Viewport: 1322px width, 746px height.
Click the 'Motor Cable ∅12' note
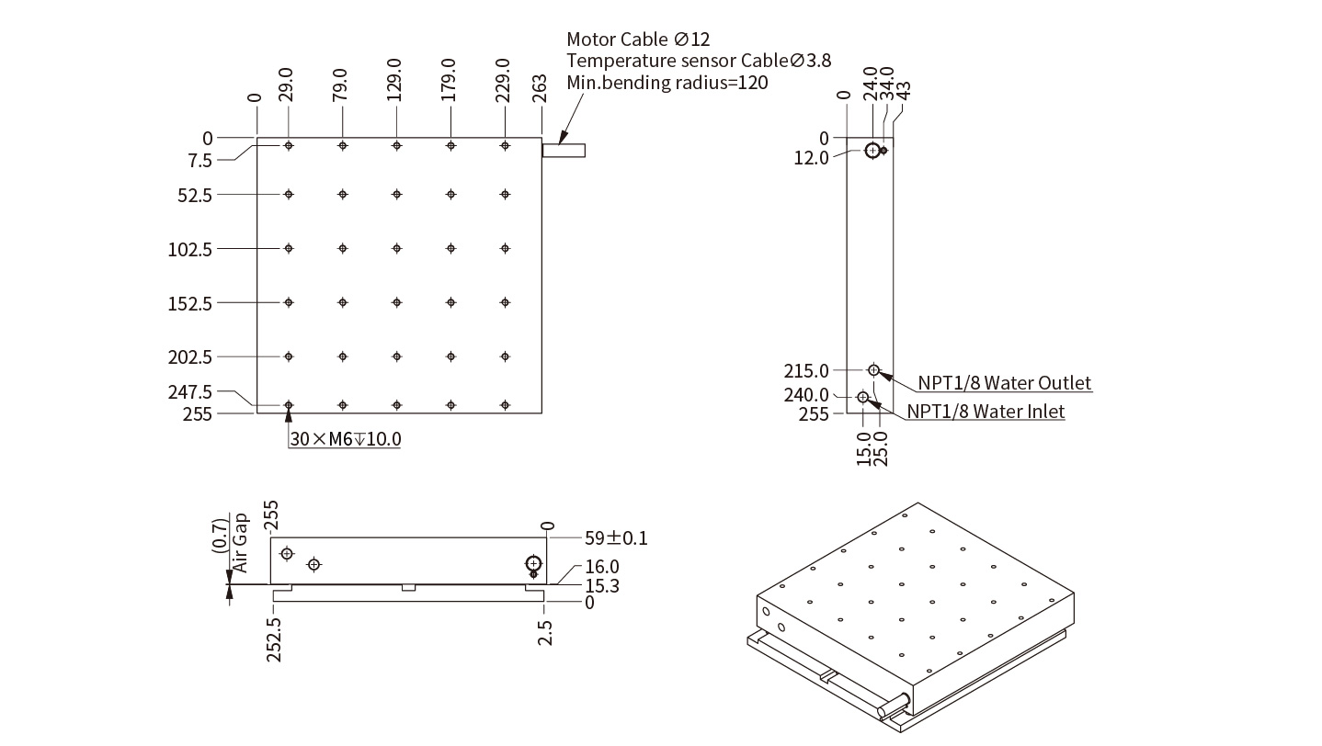[638, 39]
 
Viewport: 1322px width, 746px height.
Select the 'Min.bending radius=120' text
[667, 82]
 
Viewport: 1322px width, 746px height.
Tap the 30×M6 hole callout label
[346, 439]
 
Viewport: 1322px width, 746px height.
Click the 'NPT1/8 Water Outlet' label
[1004, 383]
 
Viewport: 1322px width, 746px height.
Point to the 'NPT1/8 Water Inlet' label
[986, 411]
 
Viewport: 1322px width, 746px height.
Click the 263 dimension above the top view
[540, 88]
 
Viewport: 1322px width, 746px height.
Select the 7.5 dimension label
[199, 161]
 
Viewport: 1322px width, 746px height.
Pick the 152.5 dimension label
[189, 303]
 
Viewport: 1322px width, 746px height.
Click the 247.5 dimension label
[189, 391]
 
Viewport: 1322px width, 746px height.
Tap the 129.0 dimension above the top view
[394, 80]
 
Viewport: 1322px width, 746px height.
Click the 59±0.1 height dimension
[616, 537]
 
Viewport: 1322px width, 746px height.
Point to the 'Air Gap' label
[240, 543]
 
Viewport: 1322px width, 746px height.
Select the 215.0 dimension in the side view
[806, 370]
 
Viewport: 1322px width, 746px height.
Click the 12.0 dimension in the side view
[811, 157]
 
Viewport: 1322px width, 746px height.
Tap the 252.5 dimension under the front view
[274, 639]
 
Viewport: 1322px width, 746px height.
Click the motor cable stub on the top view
[564, 151]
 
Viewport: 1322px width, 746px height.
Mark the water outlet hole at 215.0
[873, 370]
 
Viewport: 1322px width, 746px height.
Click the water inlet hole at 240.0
[863, 397]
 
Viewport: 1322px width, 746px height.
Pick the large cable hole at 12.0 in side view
[872, 151]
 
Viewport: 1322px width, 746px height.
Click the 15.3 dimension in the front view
[602, 586]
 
